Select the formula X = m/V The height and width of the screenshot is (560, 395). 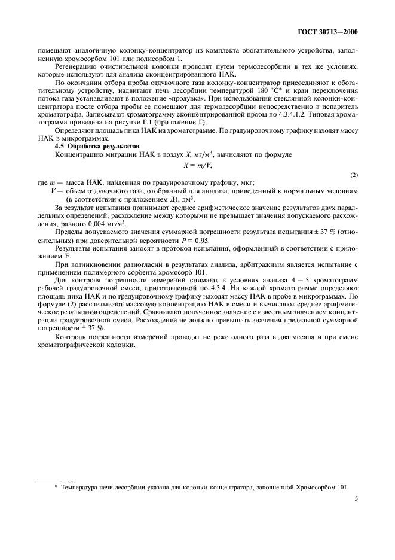pyautogui.click(x=197, y=165)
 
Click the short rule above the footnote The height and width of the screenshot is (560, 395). pyautogui.click(x=56, y=480)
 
